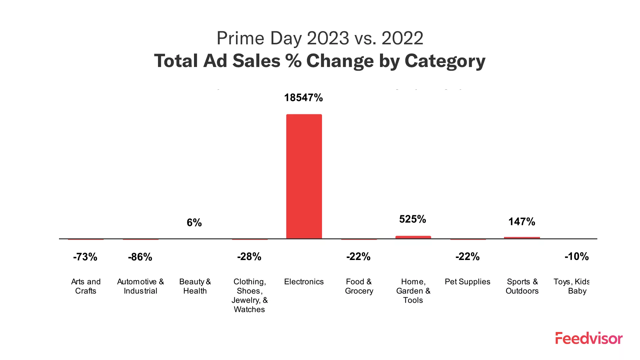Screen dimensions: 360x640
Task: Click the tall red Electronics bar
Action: (304, 177)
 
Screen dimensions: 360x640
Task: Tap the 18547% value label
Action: (303, 98)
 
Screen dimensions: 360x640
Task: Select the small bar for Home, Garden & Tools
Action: (413, 237)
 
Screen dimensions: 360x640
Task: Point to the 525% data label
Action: (413, 219)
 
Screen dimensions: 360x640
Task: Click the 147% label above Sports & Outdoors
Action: (522, 222)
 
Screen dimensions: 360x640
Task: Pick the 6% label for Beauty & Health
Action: (194, 223)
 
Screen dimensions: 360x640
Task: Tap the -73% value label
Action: (85, 257)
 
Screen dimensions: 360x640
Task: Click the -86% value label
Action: (140, 257)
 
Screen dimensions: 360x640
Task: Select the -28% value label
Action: (249, 257)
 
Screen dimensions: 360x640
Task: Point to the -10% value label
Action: (576, 257)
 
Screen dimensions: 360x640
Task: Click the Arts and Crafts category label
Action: (86, 286)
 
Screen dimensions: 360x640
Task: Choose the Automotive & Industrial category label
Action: (140, 286)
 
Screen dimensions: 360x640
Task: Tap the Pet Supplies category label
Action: (467, 282)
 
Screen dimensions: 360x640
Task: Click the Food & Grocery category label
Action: (359, 286)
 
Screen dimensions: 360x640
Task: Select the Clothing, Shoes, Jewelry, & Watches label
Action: (249, 295)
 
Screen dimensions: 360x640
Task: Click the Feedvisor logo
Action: (589, 338)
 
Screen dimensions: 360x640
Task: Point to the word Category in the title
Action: (445, 61)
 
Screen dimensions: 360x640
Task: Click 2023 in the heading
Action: (328, 38)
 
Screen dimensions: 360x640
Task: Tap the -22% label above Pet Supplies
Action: (467, 257)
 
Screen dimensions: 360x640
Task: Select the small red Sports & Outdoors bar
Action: (522, 238)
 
